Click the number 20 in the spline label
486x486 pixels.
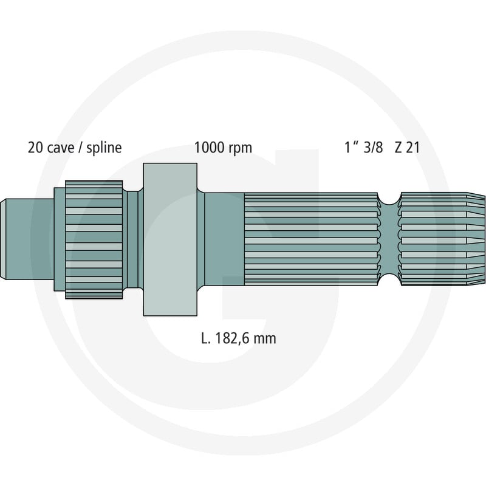pyautogui.click(x=35, y=148)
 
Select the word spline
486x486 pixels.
pyautogui.click(x=104, y=148)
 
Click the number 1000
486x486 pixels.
pyautogui.click(x=209, y=148)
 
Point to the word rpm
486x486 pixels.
pyautogui.click(x=240, y=149)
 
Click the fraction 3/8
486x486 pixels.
pyautogui.click(x=373, y=148)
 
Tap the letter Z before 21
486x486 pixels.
pyautogui.click(x=399, y=148)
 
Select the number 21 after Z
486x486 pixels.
pyautogui.click(x=412, y=148)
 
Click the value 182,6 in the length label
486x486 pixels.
pyautogui.click(x=232, y=338)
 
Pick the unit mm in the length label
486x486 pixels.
pyautogui.click(x=264, y=340)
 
